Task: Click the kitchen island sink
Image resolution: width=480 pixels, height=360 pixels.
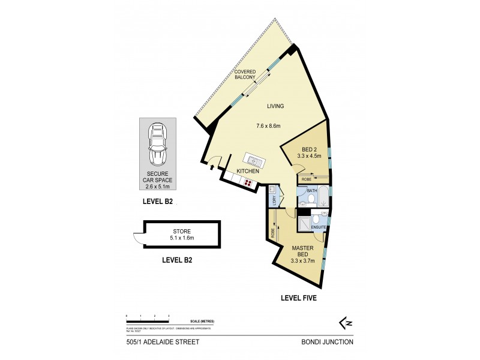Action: pos(252,160)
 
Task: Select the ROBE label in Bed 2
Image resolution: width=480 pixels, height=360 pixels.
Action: pos(307,178)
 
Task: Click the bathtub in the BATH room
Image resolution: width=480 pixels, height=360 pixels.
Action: pos(321,196)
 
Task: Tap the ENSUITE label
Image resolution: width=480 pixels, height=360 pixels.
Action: pos(319,227)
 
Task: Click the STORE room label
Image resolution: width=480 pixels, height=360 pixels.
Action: pos(182,230)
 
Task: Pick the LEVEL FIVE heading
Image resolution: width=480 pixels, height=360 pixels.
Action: pos(302,298)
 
